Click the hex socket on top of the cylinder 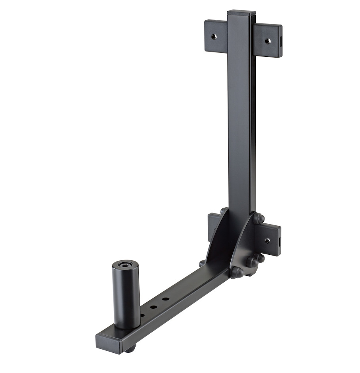coord(125,265)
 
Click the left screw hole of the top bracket coord(214,37)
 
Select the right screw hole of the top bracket coord(268,40)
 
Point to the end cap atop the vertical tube coord(241,13)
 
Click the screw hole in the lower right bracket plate coord(267,240)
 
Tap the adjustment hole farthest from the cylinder coord(165,299)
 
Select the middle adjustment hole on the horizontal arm coord(153,307)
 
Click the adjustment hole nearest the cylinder coord(142,315)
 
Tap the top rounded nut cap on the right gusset coord(259,218)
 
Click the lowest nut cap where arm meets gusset coord(237,272)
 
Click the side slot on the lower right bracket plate coord(279,241)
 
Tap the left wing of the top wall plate coord(216,36)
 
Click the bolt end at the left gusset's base coord(203,263)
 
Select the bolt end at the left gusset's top coord(224,211)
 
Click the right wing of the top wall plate coord(267,40)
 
